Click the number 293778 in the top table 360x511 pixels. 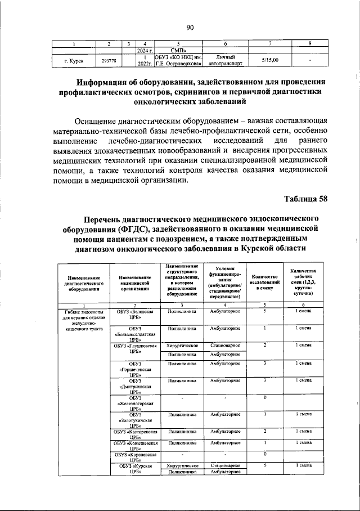pyautogui.click(x=109, y=60)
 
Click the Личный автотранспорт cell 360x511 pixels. pyautogui.click(x=225, y=60)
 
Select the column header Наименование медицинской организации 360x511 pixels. pyautogui.click(x=134, y=281)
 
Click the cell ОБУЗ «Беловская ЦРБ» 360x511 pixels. pyautogui.click(x=134, y=314)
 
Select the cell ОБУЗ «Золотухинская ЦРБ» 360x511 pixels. pyautogui.click(x=134, y=420)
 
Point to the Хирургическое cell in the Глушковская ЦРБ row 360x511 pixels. pyautogui.click(x=181, y=345)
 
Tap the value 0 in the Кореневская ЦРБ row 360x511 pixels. pyautogui.click(x=264, y=454)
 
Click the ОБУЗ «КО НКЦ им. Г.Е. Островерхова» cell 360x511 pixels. pyautogui.click(x=178, y=60)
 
